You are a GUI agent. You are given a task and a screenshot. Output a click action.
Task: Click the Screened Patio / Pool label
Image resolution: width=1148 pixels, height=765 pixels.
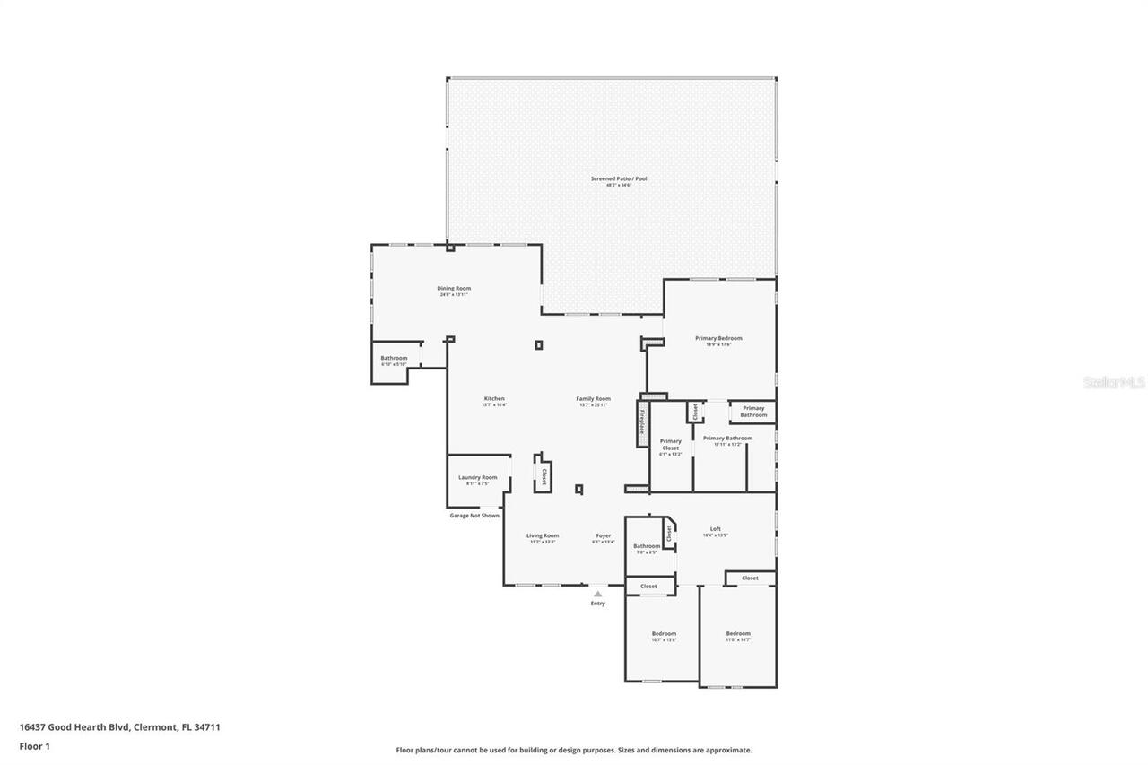(x=618, y=178)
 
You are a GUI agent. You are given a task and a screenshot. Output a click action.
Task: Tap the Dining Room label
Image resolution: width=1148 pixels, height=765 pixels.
(x=454, y=289)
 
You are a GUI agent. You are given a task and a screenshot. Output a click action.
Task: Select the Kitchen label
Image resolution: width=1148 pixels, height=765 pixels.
(x=494, y=398)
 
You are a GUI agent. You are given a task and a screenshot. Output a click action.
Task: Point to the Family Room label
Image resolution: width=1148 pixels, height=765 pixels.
(x=593, y=398)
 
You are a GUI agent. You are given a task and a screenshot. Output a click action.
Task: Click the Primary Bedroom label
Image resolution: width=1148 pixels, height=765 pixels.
(x=718, y=338)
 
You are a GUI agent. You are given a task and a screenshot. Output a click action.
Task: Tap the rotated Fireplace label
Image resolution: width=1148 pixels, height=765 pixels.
(x=642, y=423)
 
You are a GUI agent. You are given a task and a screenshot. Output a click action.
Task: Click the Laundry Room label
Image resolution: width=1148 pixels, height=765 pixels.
(x=477, y=477)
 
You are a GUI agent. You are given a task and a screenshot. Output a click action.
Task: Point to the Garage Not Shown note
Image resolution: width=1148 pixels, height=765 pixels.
(x=474, y=516)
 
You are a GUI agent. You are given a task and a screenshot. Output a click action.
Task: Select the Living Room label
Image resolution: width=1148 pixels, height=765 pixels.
(x=543, y=535)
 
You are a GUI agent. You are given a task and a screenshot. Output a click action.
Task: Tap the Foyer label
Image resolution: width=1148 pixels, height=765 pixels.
(x=604, y=535)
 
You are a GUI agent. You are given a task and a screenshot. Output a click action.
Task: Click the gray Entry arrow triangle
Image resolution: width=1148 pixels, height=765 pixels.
(x=597, y=593)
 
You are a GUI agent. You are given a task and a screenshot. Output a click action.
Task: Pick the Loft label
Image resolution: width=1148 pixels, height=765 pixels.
(x=715, y=529)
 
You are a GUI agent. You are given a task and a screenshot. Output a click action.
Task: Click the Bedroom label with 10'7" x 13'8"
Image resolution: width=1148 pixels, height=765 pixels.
(x=664, y=634)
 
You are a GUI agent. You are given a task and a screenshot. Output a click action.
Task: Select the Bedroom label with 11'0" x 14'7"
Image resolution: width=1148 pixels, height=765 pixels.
(x=738, y=634)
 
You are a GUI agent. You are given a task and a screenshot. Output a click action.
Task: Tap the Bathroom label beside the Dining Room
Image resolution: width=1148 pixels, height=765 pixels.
(x=394, y=358)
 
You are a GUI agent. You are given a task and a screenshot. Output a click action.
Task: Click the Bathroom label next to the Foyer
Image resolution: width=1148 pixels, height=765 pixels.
(x=647, y=546)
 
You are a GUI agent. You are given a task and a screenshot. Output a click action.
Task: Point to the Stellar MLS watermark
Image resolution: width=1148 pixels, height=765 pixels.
(x=1114, y=382)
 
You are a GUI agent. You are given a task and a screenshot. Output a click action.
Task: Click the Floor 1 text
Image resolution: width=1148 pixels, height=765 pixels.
(x=34, y=745)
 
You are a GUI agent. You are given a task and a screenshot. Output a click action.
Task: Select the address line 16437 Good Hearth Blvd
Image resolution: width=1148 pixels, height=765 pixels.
(x=119, y=727)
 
